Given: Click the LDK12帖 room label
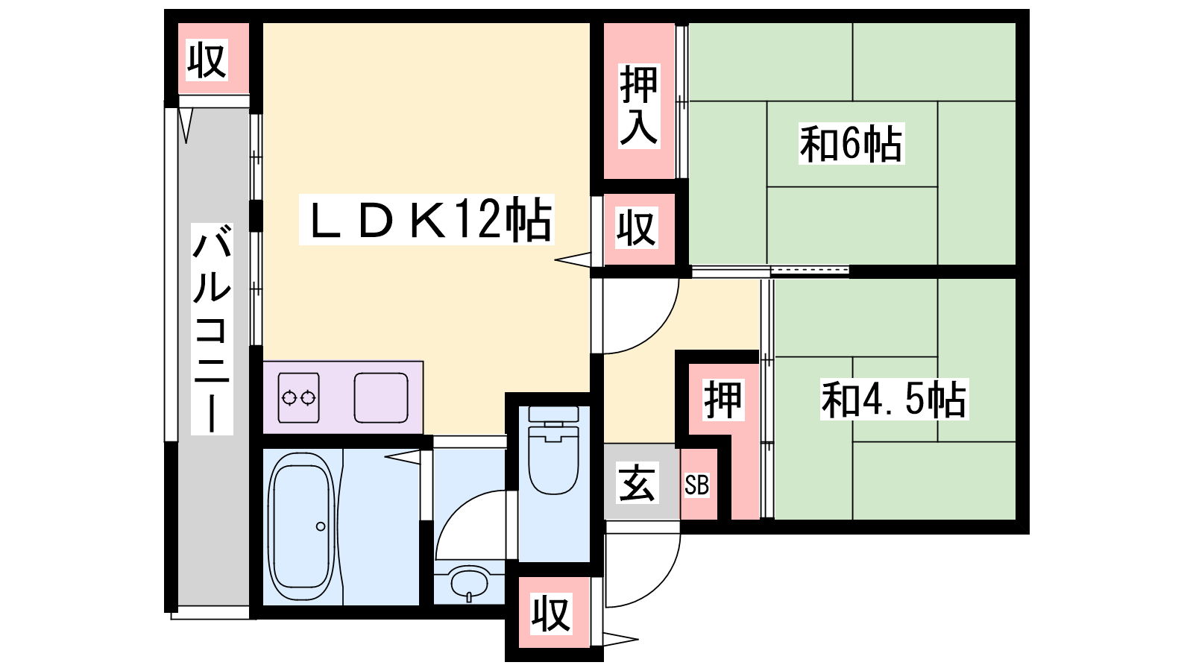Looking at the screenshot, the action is (426, 219).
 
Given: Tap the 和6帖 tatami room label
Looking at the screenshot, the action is (851, 144).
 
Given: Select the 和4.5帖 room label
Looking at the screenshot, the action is (894, 399).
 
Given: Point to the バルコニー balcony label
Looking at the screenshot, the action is (212, 329).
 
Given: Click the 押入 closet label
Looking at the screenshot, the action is (638, 105).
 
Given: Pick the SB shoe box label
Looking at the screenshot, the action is (696, 485).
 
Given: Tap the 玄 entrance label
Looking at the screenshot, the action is (637, 484).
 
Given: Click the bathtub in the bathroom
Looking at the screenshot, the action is (301, 527).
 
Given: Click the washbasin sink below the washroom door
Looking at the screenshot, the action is (469, 584).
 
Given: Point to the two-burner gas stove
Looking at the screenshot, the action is (299, 398).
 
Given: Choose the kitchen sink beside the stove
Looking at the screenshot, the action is (381, 398).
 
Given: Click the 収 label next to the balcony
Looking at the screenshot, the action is (207, 60).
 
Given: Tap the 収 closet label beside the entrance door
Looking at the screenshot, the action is (551, 614).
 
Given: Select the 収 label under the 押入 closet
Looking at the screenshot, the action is (637, 228).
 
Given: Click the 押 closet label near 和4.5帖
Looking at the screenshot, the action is (723, 400).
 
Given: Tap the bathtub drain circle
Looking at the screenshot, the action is (321, 526).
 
